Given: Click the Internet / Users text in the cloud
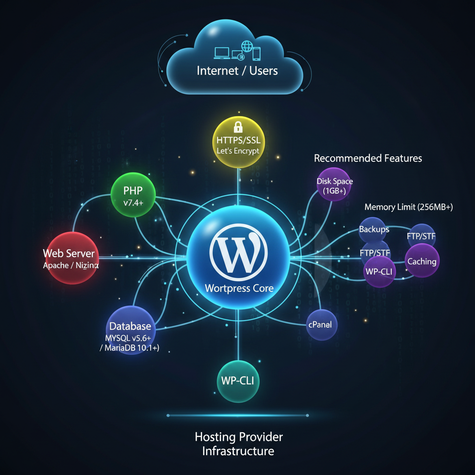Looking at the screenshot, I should coord(237,71).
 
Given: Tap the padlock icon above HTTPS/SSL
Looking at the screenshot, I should coord(238,127).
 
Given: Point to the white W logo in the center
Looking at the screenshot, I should coord(238,253).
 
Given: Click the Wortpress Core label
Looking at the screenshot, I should coord(239,288).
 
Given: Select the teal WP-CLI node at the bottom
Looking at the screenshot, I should coord(238,381).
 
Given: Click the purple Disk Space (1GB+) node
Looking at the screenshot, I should coord(334,186).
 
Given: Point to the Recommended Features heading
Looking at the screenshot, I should coord(368,158).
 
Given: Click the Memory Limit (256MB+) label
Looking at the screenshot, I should coord(408,207).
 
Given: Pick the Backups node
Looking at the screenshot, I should coord(373,229).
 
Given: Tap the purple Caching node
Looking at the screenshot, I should coord(422,261).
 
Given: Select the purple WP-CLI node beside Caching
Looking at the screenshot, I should coord(380,271).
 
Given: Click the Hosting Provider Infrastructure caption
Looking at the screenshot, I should coord(238,443).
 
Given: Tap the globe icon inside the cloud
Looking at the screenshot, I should coord(246,46).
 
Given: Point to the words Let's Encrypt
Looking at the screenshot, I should coord(238,151).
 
